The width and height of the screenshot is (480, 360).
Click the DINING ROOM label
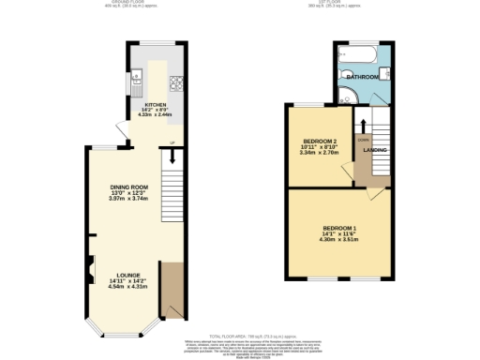coord(129,187)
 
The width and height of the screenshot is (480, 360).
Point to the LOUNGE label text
coord(129,275)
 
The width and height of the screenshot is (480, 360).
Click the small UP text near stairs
coord(172,142)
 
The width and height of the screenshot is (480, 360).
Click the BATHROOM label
coord(361,76)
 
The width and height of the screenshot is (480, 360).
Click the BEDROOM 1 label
coord(339,229)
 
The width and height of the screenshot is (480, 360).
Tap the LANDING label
coord(375,150)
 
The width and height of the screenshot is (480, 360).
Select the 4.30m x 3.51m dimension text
coord(339,240)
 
